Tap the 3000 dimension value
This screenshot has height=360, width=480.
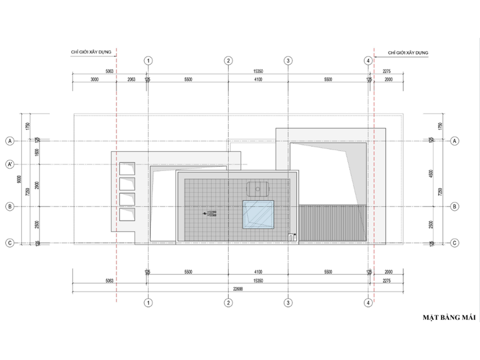pos(94,80)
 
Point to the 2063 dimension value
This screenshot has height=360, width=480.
pos(131,80)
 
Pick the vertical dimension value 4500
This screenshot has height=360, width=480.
pos(439,173)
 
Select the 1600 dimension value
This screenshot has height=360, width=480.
pos(37,152)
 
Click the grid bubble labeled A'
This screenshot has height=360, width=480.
pos(9,164)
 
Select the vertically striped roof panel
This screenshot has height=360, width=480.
pos(331,223)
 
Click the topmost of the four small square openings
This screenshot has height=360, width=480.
pos(127,169)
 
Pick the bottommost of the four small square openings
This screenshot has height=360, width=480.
pos(127,215)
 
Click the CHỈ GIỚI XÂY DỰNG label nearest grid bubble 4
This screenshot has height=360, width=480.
pos(408,52)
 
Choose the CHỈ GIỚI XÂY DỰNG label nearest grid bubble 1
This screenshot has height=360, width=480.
pos(90,52)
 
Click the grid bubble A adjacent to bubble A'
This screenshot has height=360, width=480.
pos(9,141)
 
